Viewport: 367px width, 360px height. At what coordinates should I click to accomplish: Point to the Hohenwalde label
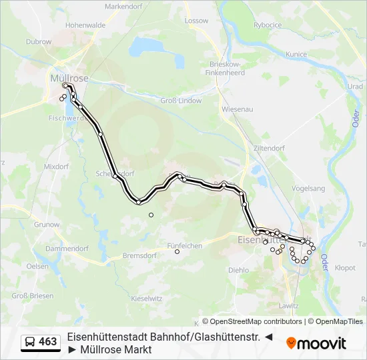(x=85, y=25)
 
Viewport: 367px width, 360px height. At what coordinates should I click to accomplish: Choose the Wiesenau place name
(x=237, y=108)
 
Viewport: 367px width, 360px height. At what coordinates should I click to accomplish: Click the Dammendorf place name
(x=67, y=248)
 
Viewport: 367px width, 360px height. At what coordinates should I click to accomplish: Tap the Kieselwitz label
(x=147, y=299)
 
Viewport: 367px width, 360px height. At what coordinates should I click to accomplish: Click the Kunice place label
(x=296, y=54)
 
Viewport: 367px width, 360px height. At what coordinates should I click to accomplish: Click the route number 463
(x=47, y=342)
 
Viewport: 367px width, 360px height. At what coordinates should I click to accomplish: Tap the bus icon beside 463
(x=30, y=343)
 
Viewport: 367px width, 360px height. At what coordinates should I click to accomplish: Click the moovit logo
(x=316, y=343)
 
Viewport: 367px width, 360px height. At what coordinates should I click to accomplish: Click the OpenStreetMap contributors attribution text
(x=252, y=321)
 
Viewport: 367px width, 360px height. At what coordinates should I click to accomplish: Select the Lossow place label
(x=197, y=21)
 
